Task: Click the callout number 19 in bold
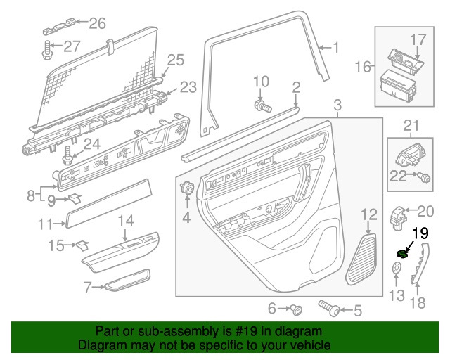420,234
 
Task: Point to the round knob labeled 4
188,188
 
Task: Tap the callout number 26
97,23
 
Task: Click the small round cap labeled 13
397,269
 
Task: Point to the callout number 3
337,106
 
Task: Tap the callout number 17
418,39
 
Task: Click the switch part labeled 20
399,215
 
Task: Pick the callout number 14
124,221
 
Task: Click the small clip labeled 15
84,245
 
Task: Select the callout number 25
174,60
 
